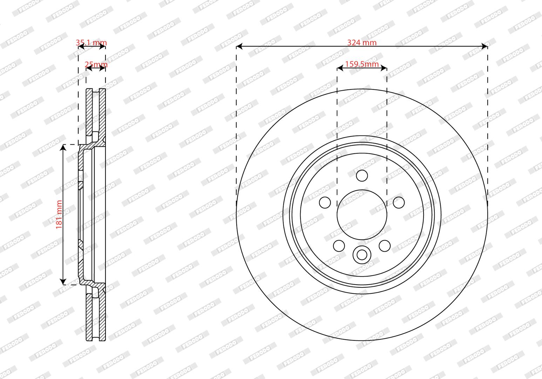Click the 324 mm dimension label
click(362, 42)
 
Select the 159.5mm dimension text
click(362, 64)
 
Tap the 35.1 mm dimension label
click(91, 42)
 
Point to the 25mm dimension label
click(96, 65)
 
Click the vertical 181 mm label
click(59, 214)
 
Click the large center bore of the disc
click(362, 215)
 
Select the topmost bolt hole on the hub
click(362, 175)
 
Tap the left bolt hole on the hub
click(325, 202)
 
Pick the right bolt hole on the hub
click(399, 202)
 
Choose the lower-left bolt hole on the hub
click(339, 246)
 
